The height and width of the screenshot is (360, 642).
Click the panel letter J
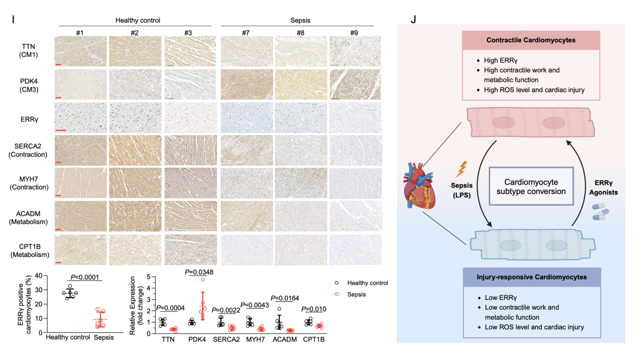414,20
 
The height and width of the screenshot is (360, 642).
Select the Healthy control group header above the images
138,20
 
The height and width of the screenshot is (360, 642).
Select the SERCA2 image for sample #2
134,149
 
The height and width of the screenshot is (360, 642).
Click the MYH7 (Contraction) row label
28,183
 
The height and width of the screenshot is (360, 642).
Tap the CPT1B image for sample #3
190,249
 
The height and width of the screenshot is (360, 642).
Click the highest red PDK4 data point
202,280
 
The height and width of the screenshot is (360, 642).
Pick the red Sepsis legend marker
335,294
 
